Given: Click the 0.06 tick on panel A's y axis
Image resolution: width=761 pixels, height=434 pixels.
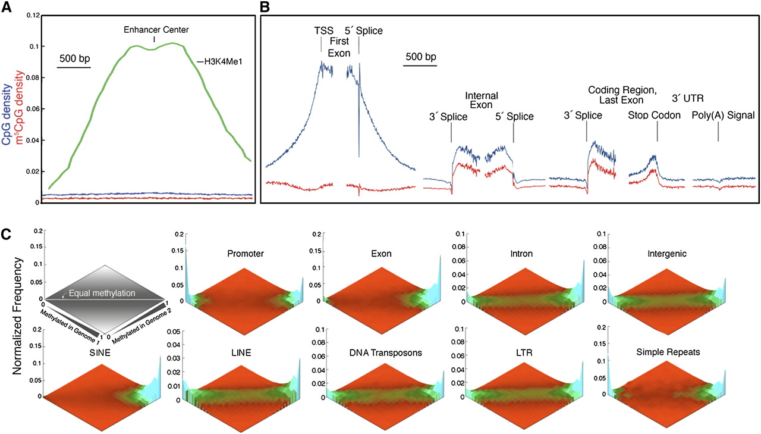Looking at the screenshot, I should tap(34, 109).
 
